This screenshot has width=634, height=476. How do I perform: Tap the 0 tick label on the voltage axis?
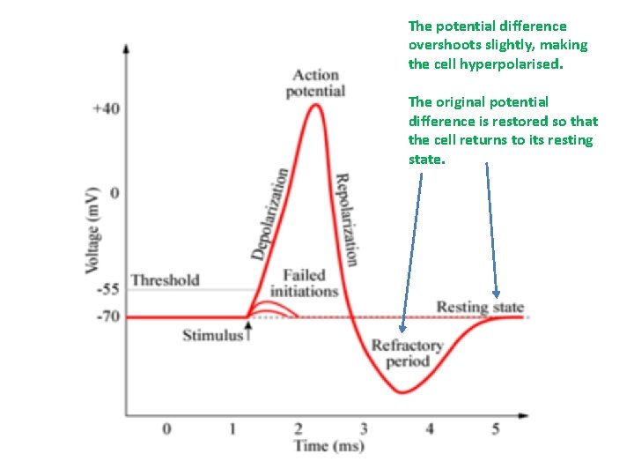113,192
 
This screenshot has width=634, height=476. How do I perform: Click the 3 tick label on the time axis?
364,429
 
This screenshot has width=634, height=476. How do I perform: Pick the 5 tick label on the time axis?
495,429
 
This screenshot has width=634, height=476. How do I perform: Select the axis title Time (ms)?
328,446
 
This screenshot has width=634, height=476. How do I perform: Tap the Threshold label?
166,280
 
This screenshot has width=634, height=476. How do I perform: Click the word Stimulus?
212,335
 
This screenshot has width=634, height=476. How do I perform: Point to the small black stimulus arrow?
248,329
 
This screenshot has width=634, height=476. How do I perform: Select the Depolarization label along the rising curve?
269,213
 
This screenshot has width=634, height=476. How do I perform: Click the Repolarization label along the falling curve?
346,218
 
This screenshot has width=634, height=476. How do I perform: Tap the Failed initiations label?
304,283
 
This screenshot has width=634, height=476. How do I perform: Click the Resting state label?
480,308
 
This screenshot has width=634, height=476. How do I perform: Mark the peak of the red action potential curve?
314,105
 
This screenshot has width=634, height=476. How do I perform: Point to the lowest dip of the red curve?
402,392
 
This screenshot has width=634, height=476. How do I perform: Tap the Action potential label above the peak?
315,83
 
